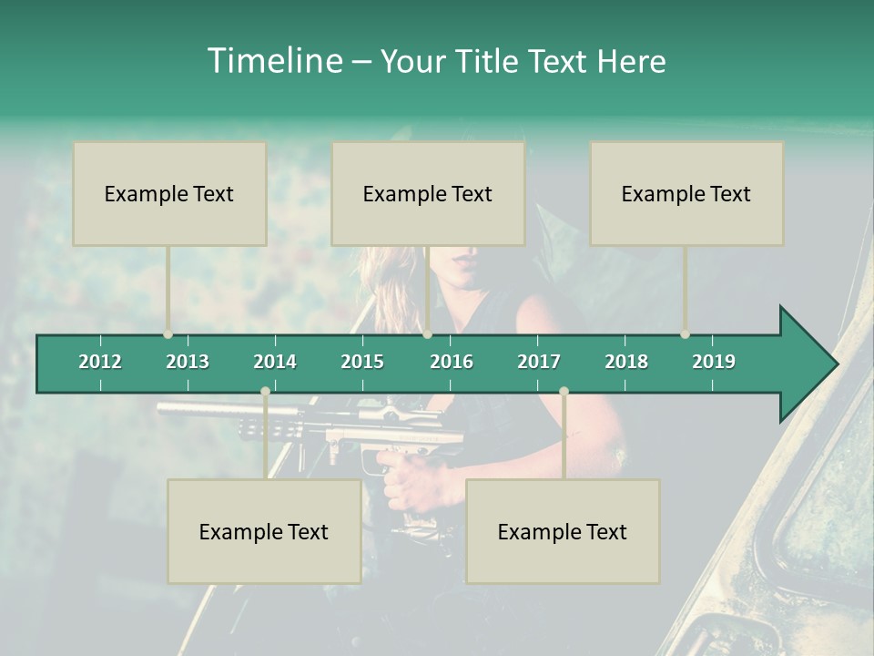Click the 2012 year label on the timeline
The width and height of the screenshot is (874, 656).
[100, 362]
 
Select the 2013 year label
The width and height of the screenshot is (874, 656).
[188, 362]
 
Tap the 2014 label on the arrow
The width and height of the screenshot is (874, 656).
[275, 362]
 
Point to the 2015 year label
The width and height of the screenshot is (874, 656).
[362, 362]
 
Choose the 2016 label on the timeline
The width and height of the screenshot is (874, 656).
[452, 362]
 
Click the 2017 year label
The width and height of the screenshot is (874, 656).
[539, 362]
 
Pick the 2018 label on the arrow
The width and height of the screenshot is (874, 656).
[626, 362]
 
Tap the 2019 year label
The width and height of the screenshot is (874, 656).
[714, 362]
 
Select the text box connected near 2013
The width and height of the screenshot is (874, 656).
[169, 194]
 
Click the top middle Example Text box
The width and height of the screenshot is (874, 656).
[428, 194]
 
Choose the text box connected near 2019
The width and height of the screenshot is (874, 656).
[686, 194]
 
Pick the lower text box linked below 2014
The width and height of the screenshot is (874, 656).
[264, 532]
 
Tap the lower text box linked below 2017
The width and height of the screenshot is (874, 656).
[563, 532]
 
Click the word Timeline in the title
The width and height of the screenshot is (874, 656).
[274, 61]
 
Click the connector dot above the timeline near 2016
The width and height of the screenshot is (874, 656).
[427, 334]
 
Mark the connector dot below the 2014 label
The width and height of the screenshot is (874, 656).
[265, 392]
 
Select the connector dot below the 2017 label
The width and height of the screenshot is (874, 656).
[564, 392]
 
